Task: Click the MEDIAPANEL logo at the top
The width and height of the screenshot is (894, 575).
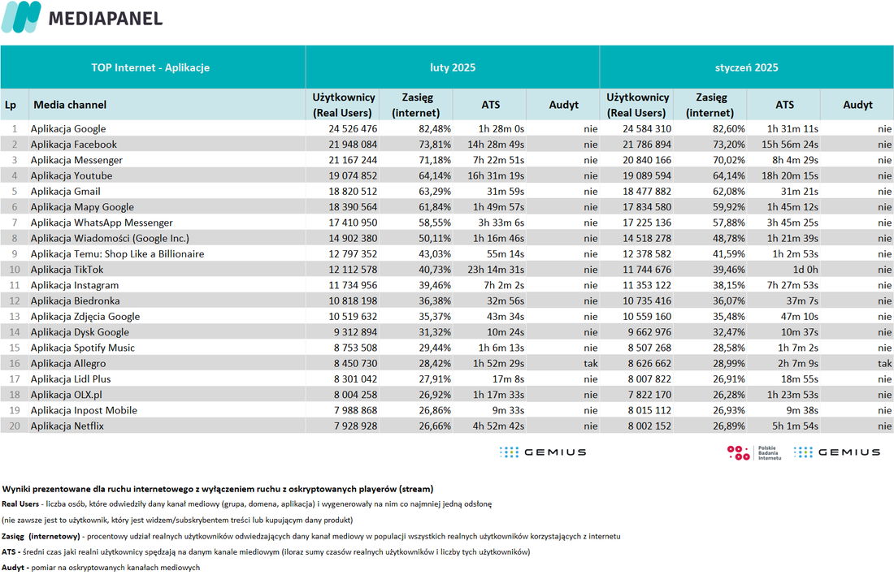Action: (82, 17)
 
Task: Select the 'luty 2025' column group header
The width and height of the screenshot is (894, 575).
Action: (453, 67)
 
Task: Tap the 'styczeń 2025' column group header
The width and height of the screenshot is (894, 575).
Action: (746, 67)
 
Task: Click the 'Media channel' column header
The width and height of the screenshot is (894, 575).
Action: (70, 105)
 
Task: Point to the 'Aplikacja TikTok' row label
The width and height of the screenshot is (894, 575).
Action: (67, 270)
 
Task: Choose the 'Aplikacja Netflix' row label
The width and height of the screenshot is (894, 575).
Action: (67, 426)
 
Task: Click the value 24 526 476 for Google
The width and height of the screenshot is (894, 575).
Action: (353, 129)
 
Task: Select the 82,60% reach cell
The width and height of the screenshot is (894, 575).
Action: (729, 129)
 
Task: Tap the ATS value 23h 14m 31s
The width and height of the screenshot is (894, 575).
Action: (496, 270)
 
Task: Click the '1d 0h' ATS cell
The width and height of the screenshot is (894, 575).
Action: (805, 270)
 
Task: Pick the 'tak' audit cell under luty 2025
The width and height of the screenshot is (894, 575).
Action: (591, 364)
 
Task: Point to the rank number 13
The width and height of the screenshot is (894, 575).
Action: (15, 316)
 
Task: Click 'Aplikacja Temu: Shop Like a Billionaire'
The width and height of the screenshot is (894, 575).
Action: (118, 253)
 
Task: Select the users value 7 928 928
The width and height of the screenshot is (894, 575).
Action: (356, 426)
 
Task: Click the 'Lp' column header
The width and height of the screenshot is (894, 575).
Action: (11, 105)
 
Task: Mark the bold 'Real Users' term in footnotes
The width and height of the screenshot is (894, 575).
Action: (20, 504)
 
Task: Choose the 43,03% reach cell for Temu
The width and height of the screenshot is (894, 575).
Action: (435, 253)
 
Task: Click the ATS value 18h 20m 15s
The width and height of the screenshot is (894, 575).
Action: (790, 175)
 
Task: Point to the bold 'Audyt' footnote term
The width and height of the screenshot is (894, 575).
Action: (13, 568)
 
